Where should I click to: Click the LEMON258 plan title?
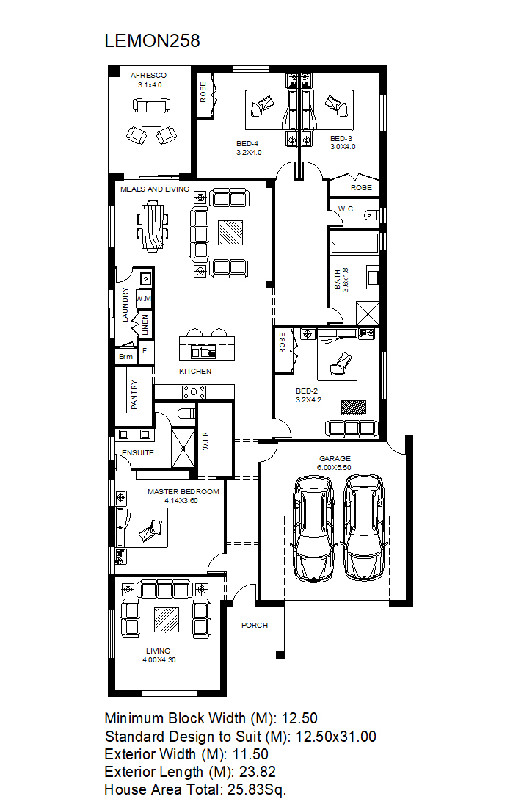pos(153,41)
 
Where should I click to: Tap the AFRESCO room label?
pos(149,76)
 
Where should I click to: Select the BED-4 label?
pos(247,144)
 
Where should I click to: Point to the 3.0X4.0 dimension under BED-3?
pos(343,147)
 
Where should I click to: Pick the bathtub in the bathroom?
pos(354,243)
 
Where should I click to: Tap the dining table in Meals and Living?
pos(153,226)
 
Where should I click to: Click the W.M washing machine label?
pos(144,299)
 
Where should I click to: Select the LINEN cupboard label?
pos(145,325)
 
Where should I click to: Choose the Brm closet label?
pos(126,356)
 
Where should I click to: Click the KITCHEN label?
pos(195,371)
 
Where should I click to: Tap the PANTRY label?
pos(134,394)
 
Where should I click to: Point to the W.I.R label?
pos(205,441)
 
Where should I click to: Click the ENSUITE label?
pos(138,452)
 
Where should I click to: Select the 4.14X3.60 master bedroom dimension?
pos(181,501)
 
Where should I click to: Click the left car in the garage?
pos(313,529)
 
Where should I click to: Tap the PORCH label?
pos(255,625)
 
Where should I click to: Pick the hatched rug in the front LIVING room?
pos(167,619)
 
